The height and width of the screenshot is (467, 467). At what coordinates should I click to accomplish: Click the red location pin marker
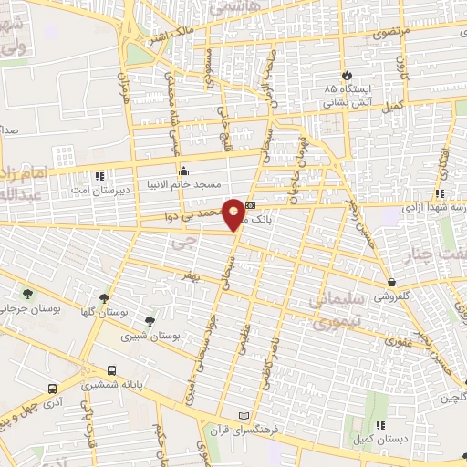234,213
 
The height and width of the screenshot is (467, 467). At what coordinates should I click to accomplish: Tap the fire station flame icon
346,75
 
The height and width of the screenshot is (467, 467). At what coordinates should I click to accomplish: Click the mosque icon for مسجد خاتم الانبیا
183,170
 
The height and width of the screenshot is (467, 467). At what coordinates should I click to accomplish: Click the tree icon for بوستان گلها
106,296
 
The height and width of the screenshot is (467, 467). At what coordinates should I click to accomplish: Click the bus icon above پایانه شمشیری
111,371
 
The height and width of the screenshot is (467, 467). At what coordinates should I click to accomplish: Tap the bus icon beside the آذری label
53,388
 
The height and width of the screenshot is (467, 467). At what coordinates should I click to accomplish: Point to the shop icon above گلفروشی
391,283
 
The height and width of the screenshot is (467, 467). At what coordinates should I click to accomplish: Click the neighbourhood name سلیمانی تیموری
336,311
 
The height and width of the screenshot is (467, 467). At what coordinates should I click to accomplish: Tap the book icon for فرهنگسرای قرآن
242,416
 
